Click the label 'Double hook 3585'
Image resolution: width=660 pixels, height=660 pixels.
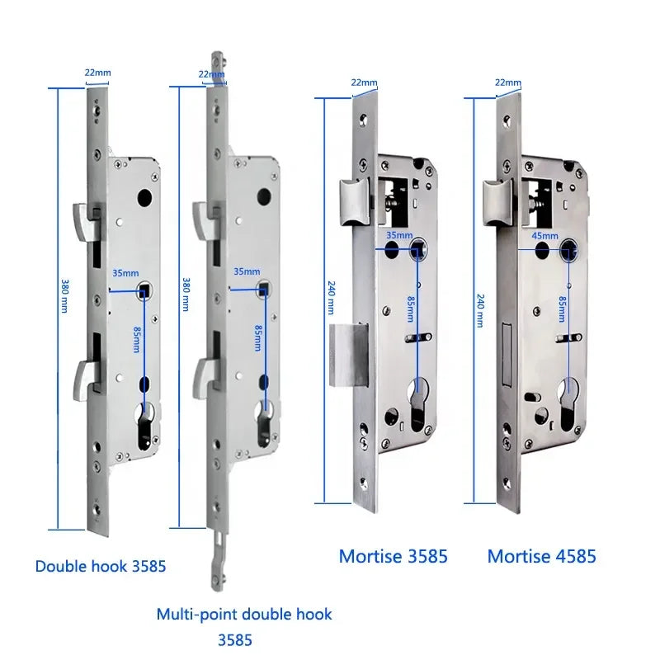(x=101, y=566)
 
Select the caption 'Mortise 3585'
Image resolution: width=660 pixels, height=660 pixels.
(x=393, y=556)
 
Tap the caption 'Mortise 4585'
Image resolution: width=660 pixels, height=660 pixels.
(x=541, y=556)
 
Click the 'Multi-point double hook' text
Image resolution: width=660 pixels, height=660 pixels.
(x=244, y=614)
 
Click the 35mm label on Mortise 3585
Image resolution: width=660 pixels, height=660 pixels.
(x=399, y=235)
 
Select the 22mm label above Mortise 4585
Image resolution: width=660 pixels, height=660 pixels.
(x=507, y=82)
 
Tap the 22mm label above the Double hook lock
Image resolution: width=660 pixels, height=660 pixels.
(x=97, y=73)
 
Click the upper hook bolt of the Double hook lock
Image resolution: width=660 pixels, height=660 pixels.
(x=82, y=218)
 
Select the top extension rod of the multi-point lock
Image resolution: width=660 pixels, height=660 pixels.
(x=217, y=66)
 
